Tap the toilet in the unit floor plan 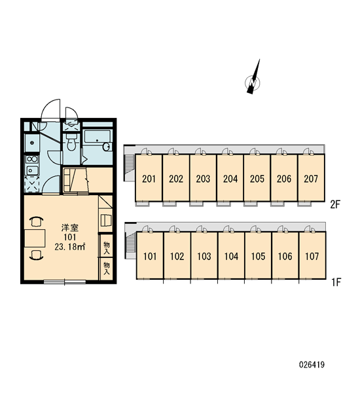(71, 142)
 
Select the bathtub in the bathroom (98, 140)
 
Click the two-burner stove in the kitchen (32, 159)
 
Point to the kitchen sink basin (32, 170)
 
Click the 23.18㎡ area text (70, 247)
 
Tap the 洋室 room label (70, 227)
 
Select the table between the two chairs (35, 238)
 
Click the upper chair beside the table (36, 221)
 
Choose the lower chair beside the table (36, 255)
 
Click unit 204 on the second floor (230, 179)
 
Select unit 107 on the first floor (312, 256)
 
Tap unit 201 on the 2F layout (149, 179)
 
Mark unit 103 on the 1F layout (204, 256)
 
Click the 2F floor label (335, 205)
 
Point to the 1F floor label (336, 282)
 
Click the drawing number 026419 (312, 364)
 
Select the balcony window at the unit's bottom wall (65, 282)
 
